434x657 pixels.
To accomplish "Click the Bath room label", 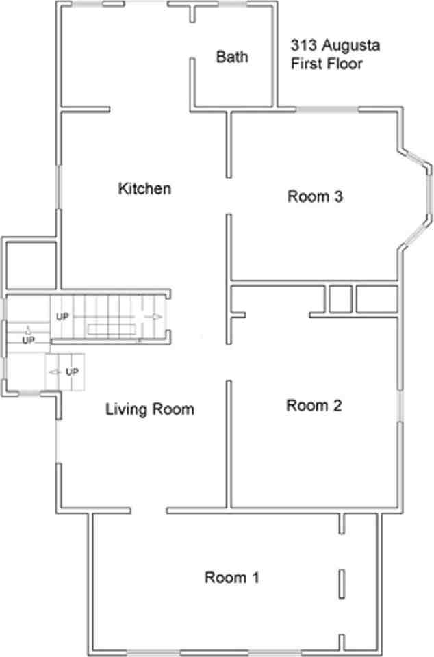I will pyautogui.click(x=232, y=57).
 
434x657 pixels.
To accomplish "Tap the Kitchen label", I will pyautogui.click(x=144, y=188).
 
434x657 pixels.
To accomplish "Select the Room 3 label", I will pyautogui.click(x=314, y=197).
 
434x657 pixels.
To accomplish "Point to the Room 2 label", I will pyautogui.click(x=314, y=406).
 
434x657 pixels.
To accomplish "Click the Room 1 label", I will pyautogui.click(x=232, y=578).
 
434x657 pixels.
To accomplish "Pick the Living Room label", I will pyautogui.click(x=149, y=410).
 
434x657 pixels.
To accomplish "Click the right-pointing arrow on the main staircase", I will pyautogui.click(x=156, y=317).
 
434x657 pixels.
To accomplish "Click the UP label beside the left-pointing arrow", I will pyautogui.click(x=71, y=372).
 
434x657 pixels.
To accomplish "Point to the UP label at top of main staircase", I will pyautogui.click(x=62, y=317).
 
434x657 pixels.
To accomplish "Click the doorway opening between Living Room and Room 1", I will pyautogui.click(x=149, y=511).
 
